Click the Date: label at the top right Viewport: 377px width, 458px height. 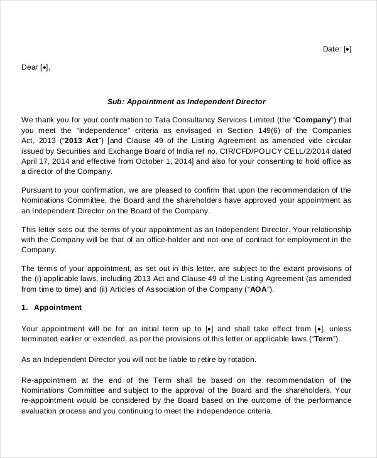point(332,49)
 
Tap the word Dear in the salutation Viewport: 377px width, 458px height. point(30,67)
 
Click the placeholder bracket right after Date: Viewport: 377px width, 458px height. point(347,49)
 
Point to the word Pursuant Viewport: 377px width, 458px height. point(38,189)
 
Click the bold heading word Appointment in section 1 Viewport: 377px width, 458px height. point(58,307)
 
